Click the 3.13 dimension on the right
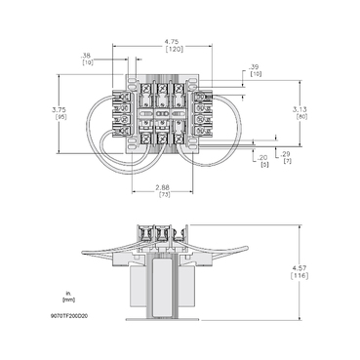(x=300, y=109)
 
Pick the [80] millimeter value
(x=300, y=118)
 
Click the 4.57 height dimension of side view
(x=300, y=269)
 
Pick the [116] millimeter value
(x=300, y=279)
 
